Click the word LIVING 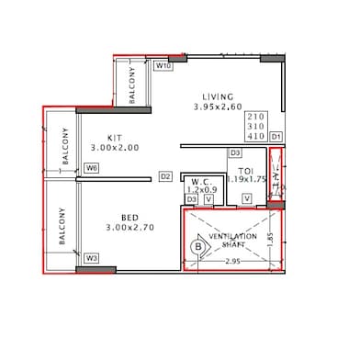(x=218, y=96)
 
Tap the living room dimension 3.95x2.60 (x=218, y=107)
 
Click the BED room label (x=129, y=217)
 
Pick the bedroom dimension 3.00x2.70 (x=130, y=228)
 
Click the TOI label (x=245, y=171)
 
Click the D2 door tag (x=166, y=176)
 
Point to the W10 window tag (x=164, y=66)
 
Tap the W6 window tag (x=91, y=168)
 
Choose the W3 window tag (x=91, y=259)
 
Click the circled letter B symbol (x=197, y=247)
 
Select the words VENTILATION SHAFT (x=232, y=241)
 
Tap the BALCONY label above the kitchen (x=132, y=85)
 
